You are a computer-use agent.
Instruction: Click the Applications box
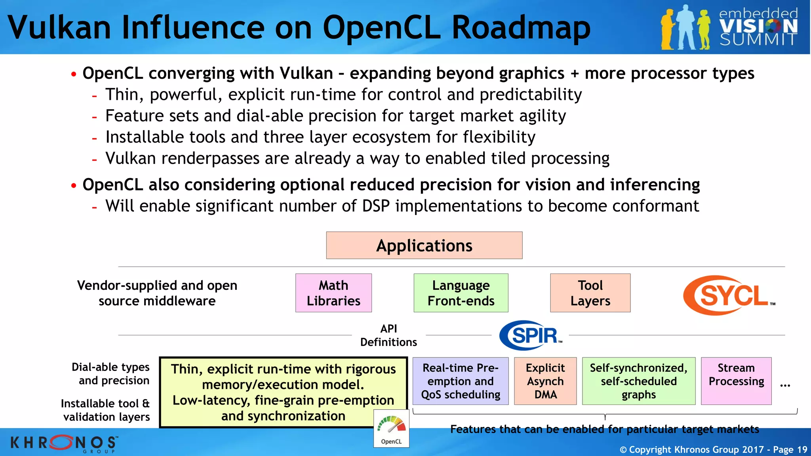(x=424, y=245)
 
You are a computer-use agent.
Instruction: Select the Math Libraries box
(x=333, y=293)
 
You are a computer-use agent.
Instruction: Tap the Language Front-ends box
(x=461, y=293)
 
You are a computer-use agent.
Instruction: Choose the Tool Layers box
(x=590, y=293)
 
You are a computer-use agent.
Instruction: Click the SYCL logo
(x=729, y=295)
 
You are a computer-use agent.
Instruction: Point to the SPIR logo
(x=531, y=335)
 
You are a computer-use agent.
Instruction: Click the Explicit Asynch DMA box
(x=545, y=381)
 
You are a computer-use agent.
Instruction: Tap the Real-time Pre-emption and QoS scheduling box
(x=461, y=381)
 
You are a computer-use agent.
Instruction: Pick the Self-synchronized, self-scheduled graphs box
(x=638, y=381)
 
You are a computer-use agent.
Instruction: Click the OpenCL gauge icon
(x=391, y=429)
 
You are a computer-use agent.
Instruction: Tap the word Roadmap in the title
(x=521, y=28)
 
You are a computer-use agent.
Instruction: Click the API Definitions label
(x=388, y=335)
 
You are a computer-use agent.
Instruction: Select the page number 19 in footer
(x=802, y=450)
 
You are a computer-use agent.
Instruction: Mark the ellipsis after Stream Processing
(x=785, y=385)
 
